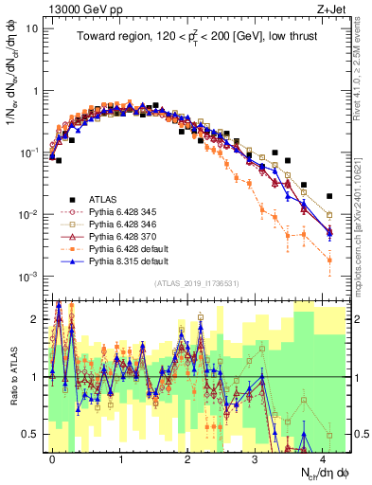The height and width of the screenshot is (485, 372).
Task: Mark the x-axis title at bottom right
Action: click(326, 473)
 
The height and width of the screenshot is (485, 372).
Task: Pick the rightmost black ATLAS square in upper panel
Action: click(328, 196)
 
